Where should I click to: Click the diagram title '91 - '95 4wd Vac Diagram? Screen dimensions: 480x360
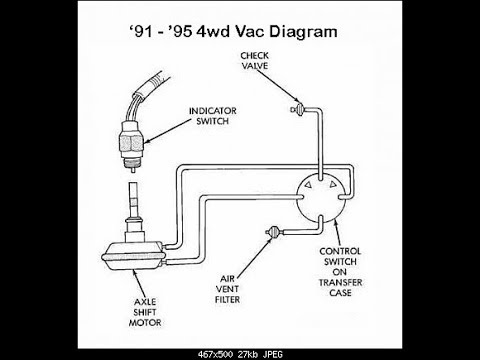tap(233, 32)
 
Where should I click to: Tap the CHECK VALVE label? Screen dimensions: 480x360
tap(255, 61)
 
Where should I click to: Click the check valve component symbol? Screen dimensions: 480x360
tap(298, 110)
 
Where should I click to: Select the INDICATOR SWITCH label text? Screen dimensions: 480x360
tap(213, 116)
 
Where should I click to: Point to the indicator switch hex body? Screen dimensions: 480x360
tap(131, 143)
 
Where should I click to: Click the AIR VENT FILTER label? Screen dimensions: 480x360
tap(228, 289)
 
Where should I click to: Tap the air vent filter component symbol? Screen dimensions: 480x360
tap(275, 231)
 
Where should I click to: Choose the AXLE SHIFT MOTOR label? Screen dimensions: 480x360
tap(145, 312)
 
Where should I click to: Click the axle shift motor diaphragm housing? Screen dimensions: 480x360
tap(133, 256)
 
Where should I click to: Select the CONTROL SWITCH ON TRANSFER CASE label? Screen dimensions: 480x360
tap(340, 272)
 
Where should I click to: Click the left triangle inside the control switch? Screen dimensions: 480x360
tap(309, 184)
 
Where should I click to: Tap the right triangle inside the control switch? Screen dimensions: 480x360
tap(333, 184)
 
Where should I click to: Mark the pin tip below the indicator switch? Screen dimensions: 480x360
tap(133, 171)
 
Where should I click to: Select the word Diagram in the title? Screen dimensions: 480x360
tap(303, 32)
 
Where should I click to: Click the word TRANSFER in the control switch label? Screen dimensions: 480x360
tap(340, 282)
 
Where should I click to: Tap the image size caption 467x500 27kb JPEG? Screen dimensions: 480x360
tap(240, 354)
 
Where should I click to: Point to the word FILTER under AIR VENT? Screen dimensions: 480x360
tap(228, 299)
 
